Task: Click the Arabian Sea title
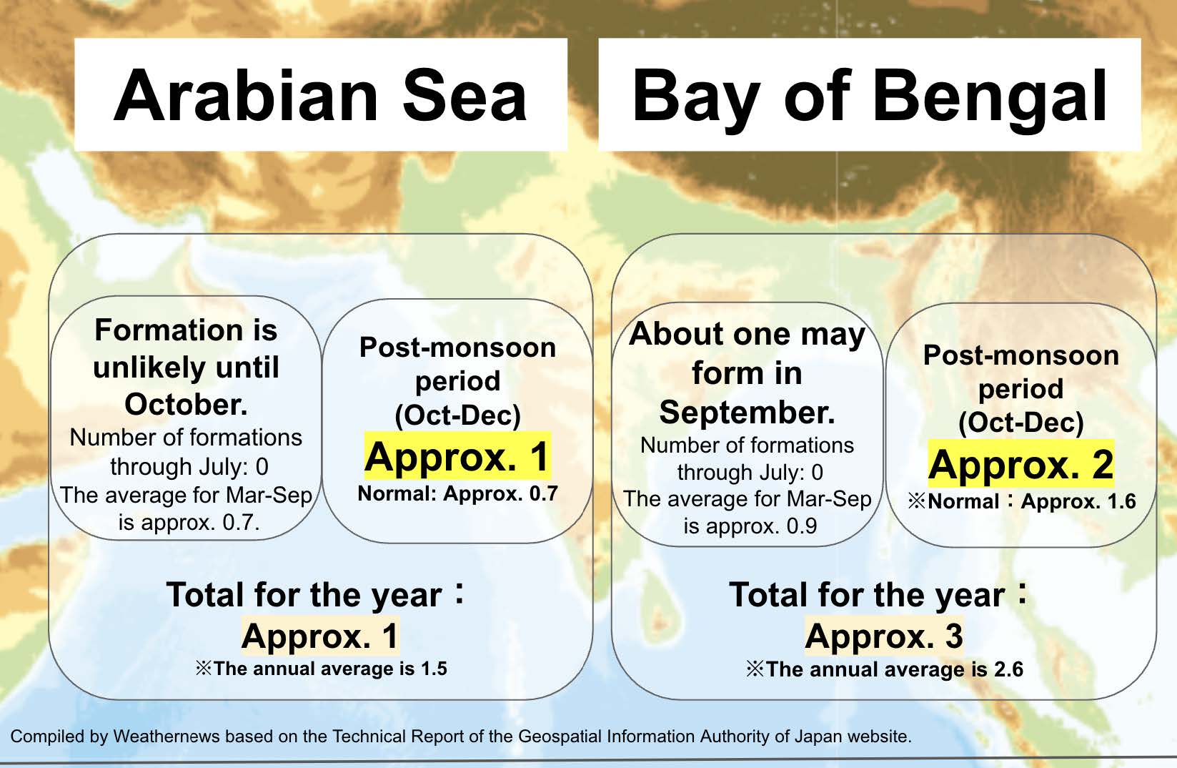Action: pyautogui.click(x=320, y=96)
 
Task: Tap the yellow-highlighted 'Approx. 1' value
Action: pyautogui.click(x=457, y=456)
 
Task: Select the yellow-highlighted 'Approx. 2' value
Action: pyautogui.click(x=1021, y=464)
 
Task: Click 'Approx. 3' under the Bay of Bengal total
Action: pyautogui.click(x=884, y=636)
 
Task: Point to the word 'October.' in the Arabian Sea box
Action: pyautogui.click(x=186, y=404)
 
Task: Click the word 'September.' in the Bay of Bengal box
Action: pyautogui.click(x=748, y=412)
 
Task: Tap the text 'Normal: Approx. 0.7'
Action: pyautogui.click(x=457, y=493)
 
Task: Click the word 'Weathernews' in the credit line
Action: pyautogui.click(x=166, y=736)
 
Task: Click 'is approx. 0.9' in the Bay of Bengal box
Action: pyautogui.click(x=750, y=526)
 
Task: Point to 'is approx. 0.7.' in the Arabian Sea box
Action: pyautogui.click(x=189, y=523)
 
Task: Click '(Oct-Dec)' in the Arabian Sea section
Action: pyautogui.click(x=457, y=415)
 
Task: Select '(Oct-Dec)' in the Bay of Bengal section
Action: pyautogui.click(x=1021, y=422)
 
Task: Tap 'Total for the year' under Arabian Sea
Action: pyautogui.click(x=304, y=594)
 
